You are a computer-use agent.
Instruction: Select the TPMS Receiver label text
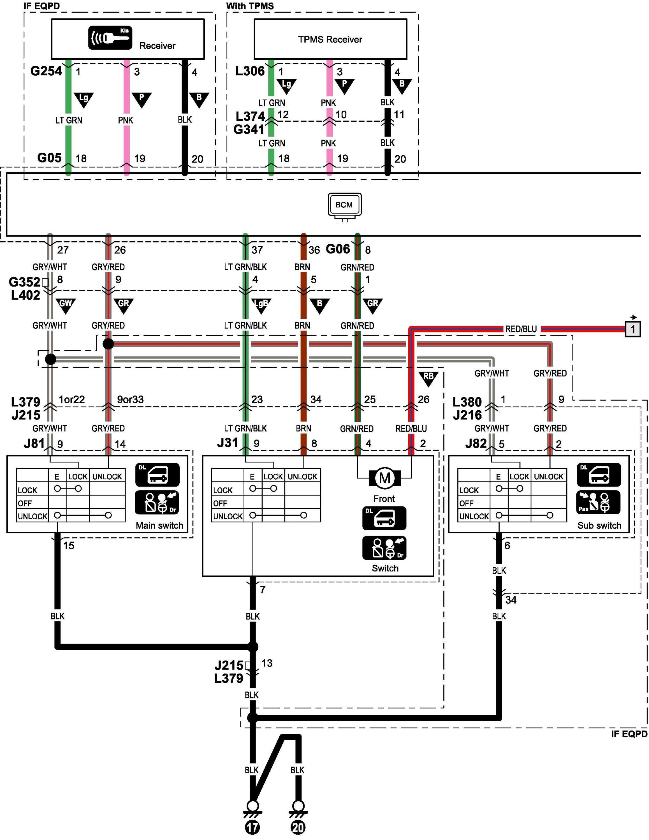tap(330, 39)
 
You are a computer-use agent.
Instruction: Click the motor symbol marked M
tap(385, 478)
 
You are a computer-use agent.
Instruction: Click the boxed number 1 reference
tap(633, 329)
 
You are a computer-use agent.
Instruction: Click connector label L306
tap(250, 71)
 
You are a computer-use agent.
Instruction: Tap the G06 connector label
tap(338, 249)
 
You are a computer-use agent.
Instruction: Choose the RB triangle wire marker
tap(428, 378)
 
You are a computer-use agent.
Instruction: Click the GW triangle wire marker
tap(65, 305)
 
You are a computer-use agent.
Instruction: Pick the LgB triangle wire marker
tap(261, 305)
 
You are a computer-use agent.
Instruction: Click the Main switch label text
tap(159, 525)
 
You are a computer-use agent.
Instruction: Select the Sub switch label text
tap(599, 525)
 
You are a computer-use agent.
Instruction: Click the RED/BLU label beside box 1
tap(521, 329)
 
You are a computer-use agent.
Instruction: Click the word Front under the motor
tap(384, 499)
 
